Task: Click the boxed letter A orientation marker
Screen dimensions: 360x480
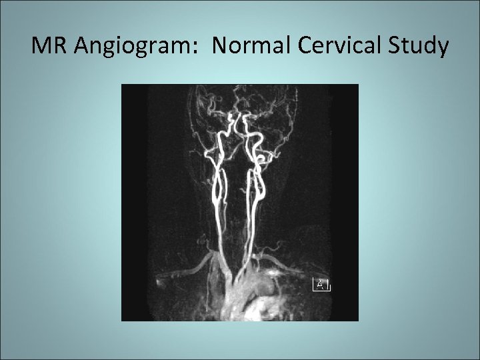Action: click(x=321, y=284)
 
